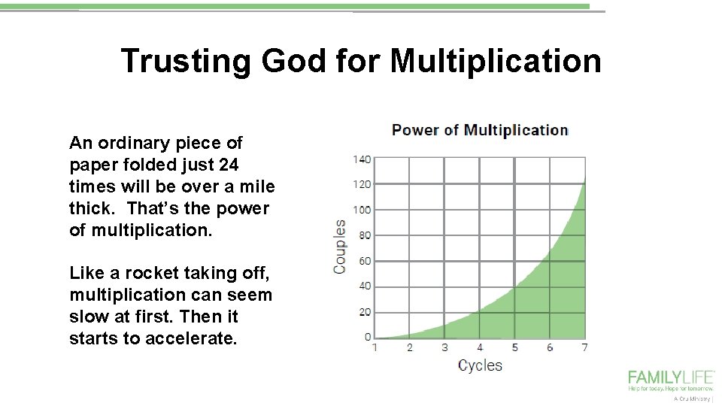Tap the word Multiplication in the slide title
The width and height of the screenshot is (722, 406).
pyautogui.click(x=496, y=61)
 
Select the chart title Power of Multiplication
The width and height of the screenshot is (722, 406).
pyautogui.click(x=480, y=129)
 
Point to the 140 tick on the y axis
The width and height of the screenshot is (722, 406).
pyautogui.click(x=362, y=159)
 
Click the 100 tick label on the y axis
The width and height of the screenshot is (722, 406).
pyautogui.click(x=362, y=210)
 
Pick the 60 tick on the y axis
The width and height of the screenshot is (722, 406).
pyautogui.click(x=364, y=261)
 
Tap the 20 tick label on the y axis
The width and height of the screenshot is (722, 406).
pyautogui.click(x=364, y=312)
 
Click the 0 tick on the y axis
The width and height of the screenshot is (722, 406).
pyautogui.click(x=367, y=338)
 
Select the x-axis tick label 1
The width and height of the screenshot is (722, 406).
pyautogui.click(x=375, y=347)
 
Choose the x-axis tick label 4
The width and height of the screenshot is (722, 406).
pyautogui.click(x=480, y=347)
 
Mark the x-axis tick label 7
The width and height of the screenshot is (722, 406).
pyautogui.click(x=584, y=347)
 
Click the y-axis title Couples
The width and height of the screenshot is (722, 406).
pyautogui.click(x=340, y=247)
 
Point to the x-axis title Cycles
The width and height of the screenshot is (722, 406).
pyautogui.click(x=480, y=365)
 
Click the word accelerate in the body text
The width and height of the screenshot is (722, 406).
pyautogui.click(x=191, y=338)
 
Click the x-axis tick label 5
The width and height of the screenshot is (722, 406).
pyautogui.click(x=515, y=347)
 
